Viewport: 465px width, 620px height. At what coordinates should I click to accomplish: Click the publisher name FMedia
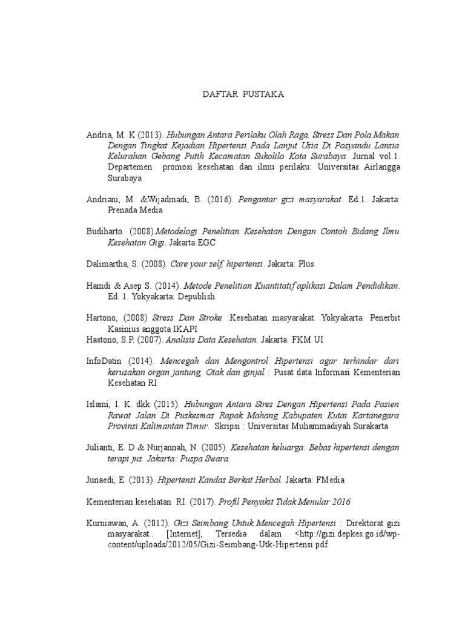(329, 480)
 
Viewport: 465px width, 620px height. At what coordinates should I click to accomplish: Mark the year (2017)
(202, 501)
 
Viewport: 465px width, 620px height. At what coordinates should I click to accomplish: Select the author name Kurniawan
(109, 523)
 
